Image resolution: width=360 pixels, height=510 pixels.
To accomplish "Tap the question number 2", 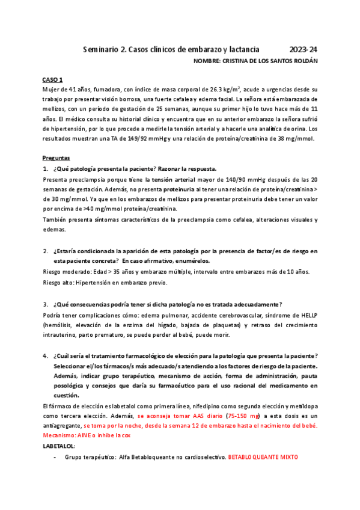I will tap(46, 250).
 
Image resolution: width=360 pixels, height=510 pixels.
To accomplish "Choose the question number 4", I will tap(46, 355).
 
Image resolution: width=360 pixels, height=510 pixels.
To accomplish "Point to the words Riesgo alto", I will tap(56, 283).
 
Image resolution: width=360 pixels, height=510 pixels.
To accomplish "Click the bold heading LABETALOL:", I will tap(59, 446).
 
